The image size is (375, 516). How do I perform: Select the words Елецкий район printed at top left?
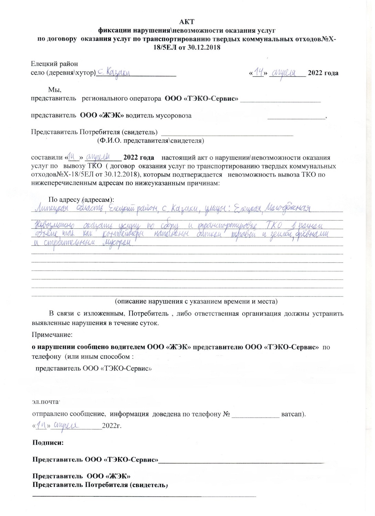coord(54,64)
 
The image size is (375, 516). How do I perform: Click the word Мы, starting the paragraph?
coord(54,90)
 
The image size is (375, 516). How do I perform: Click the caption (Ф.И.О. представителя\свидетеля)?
coord(151,140)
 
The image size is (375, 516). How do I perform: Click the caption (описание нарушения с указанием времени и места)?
coord(196,302)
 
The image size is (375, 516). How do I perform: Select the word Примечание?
coord(52,334)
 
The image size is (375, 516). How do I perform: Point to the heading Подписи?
coord(48,443)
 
